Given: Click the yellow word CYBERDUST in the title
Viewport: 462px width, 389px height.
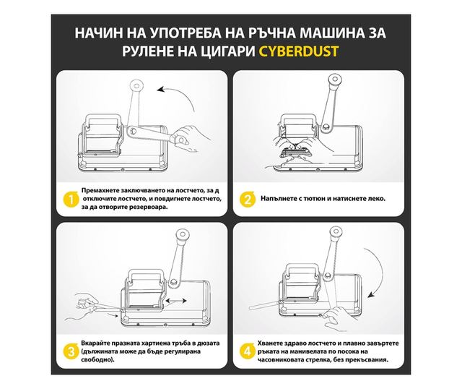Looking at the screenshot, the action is click(298, 51).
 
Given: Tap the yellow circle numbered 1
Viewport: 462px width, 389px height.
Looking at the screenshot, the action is click(71, 200).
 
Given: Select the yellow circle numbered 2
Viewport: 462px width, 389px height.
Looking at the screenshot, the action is click(248, 200).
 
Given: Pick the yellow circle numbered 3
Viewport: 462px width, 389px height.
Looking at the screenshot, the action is click(71, 352).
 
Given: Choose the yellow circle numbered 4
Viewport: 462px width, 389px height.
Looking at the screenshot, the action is click(248, 352).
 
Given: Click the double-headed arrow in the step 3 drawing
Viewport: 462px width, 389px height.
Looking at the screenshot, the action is click(176, 301).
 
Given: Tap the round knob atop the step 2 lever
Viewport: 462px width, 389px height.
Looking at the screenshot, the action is click(335, 80).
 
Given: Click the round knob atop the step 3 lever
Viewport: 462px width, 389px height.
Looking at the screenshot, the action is click(183, 236).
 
